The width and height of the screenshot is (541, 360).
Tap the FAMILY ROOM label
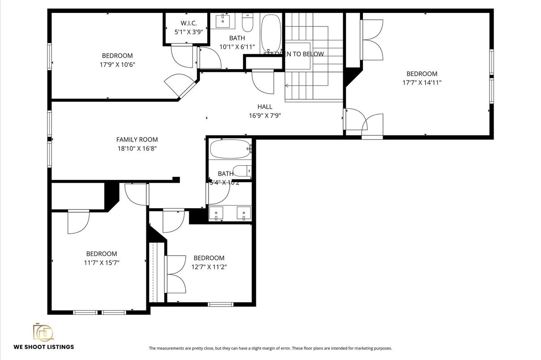(x=137, y=140)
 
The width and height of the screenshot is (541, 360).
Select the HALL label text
(x=265, y=107)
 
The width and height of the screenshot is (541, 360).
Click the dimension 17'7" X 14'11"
(x=422, y=82)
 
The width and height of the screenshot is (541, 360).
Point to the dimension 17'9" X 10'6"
(x=118, y=64)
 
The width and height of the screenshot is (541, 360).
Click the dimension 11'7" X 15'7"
(x=102, y=262)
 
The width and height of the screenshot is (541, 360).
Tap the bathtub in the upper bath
(x=271, y=33)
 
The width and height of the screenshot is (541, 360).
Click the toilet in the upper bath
(x=248, y=21)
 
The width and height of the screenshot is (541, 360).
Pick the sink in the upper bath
(x=222, y=21)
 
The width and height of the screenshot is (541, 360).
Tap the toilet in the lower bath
(x=243, y=171)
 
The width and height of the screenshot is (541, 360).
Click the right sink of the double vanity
(x=243, y=212)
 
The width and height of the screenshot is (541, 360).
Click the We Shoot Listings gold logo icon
(x=43, y=332)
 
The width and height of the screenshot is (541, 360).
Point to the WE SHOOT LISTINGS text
(x=44, y=347)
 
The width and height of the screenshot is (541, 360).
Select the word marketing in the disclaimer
(x=367, y=348)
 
